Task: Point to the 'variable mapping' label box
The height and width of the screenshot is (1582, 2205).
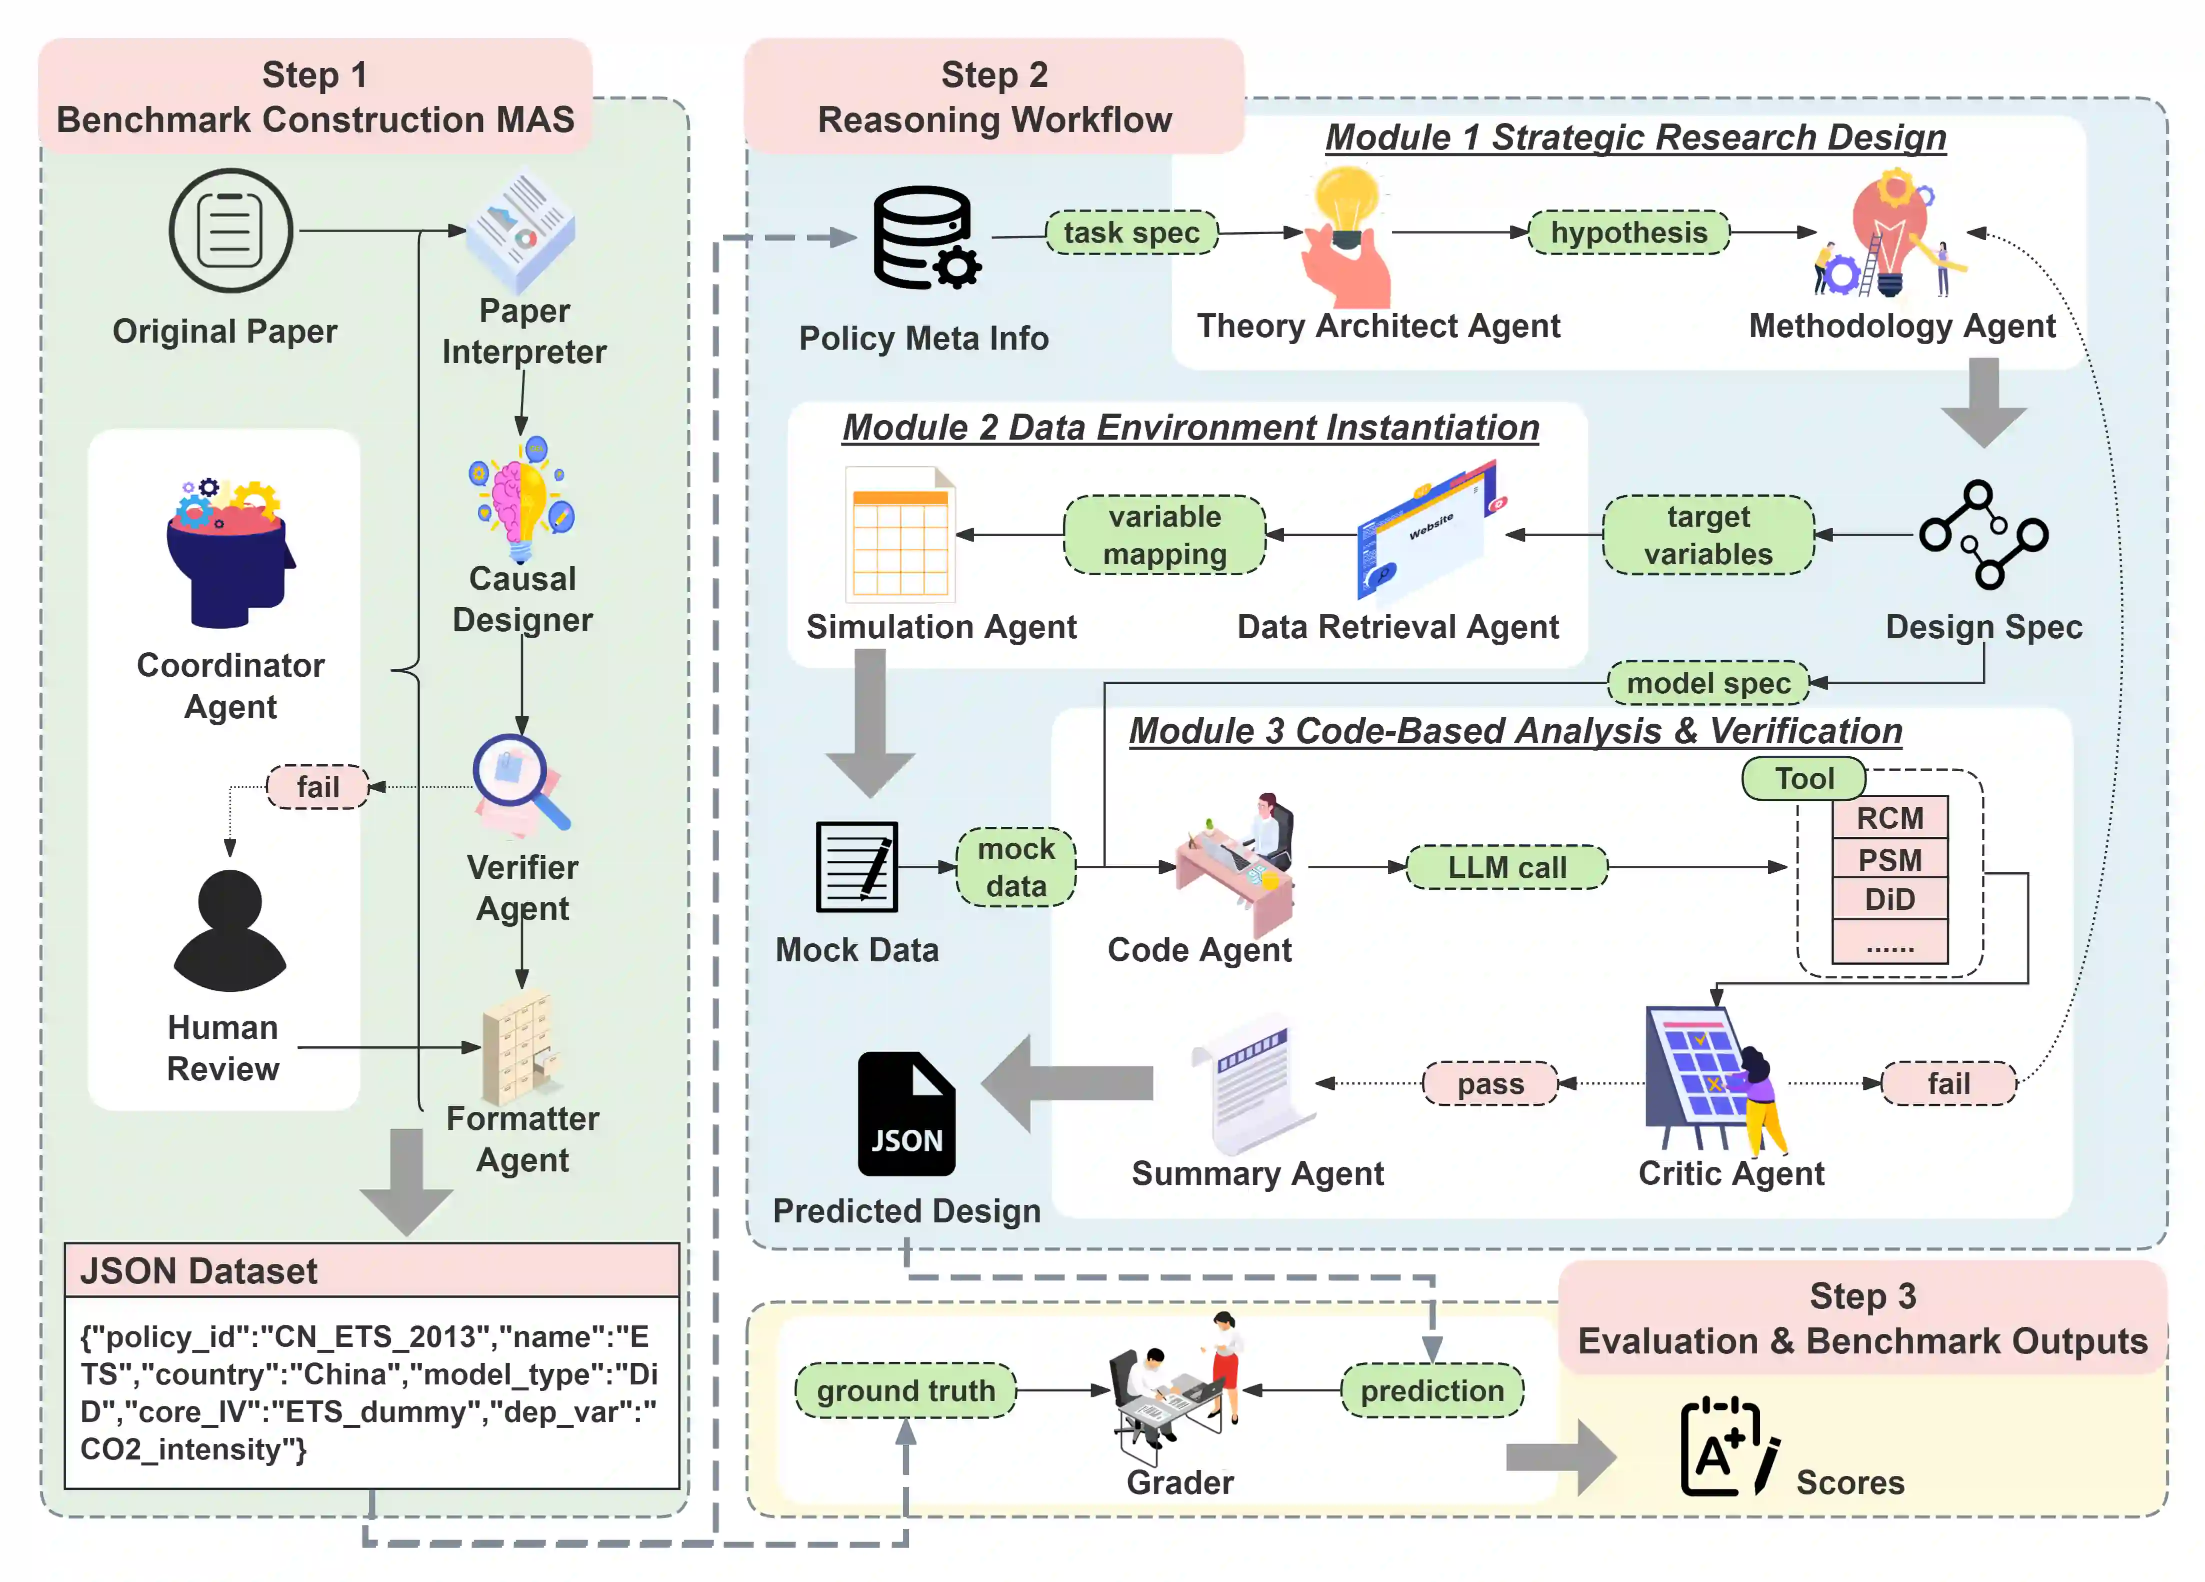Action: click(x=1164, y=535)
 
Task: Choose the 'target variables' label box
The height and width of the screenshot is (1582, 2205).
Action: click(x=1708, y=535)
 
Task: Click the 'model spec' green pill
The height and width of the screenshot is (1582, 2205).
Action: click(x=1708, y=683)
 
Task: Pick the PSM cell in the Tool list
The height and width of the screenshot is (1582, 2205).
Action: click(x=1889, y=860)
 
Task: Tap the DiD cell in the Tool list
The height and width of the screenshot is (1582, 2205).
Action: click(x=1889, y=899)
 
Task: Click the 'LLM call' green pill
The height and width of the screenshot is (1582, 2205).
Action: click(x=1507, y=867)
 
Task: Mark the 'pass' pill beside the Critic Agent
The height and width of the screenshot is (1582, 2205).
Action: click(x=1489, y=1083)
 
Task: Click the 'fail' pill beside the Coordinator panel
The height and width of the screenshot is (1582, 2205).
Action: click(x=318, y=787)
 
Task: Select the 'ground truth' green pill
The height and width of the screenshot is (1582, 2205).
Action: click(x=905, y=1390)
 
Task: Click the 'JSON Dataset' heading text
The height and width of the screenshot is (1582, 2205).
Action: click(x=199, y=1271)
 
